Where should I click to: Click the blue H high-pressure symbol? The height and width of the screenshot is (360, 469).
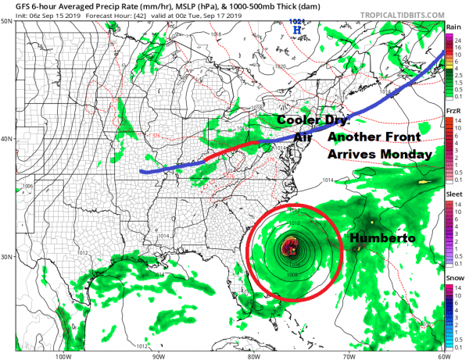click(296, 30)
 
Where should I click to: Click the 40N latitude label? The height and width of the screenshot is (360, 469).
click(8, 139)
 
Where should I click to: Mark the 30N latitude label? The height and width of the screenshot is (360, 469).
click(8, 257)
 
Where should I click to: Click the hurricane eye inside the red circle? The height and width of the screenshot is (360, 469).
click(290, 249)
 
